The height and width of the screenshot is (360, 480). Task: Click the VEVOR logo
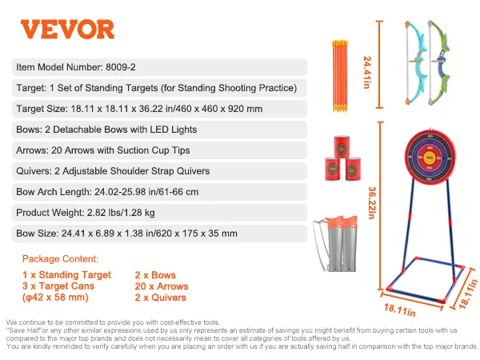(x=67, y=30)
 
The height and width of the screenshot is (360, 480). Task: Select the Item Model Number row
(x=159, y=67)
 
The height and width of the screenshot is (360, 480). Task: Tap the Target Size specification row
(x=159, y=109)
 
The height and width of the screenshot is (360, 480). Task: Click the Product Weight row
(x=159, y=213)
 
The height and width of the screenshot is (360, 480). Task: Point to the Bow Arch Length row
(x=159, y=192)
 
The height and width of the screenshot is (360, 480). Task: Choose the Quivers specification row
(x=159, y=171)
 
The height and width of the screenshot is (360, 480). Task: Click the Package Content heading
(x=60, y=259)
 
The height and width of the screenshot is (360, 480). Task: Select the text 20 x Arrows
(x=162, y=286)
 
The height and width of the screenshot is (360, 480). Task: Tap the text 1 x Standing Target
(x=66, y=275)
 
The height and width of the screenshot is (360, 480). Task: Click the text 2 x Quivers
(x=160, y=298)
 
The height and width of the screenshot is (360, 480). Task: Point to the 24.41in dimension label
(x=366, y=72)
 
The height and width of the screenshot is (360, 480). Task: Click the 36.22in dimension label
(x=372, y=202)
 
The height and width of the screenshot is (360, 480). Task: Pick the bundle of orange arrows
(x=339, y=76)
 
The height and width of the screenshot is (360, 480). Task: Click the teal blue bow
(x=415, y=62)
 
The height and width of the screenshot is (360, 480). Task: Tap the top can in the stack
(x=342, y=146)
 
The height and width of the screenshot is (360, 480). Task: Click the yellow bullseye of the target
(x=430, y=158)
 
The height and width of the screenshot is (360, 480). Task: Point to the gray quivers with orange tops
(x=335, y=243)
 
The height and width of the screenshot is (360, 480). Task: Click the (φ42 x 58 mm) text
(x=55, y=298)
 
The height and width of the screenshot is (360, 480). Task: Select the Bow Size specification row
(x=159, y=234)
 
